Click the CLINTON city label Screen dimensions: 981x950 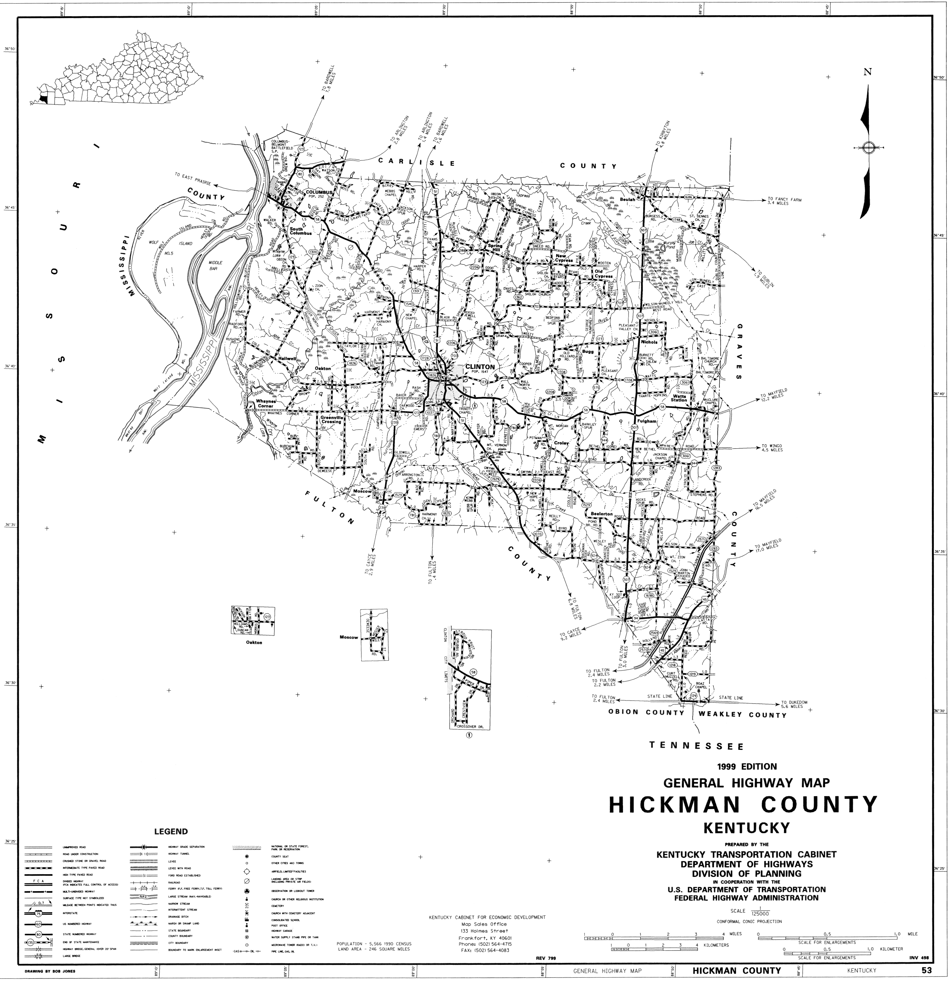coord(480,366)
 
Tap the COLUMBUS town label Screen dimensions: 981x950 coord(319,192)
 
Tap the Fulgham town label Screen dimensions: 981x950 coord(647,421)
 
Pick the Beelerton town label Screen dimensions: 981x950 coord(601,514)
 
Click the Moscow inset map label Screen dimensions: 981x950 coord(349,637)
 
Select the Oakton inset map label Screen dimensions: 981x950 coord(254,642)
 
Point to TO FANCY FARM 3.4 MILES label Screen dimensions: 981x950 coord(785,202)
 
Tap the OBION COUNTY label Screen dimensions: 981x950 coord(646,712)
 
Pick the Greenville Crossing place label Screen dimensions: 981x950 coord(331,419)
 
